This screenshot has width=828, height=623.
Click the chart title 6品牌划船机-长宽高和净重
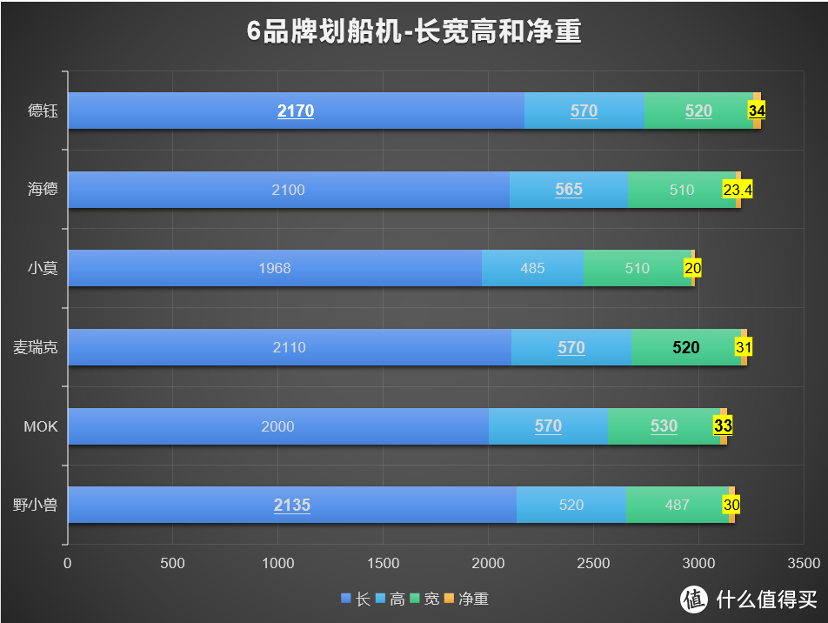[414, 32]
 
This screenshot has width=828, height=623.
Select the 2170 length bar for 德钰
[296, 111]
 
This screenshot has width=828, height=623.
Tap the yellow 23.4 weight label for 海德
[738, 190]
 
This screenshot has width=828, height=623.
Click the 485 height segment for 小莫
[532, 268]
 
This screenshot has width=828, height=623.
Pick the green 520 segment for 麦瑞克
[685, 347]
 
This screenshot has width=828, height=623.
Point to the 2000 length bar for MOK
[277, 426]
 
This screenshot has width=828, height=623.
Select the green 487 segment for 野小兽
[677, 505]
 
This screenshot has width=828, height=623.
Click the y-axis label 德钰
[43, 111]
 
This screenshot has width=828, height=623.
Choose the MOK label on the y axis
[41, 426]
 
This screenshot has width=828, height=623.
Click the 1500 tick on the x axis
[384, 563]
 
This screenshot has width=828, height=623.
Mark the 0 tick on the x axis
[68, 563]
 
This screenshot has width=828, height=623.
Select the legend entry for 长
[356, 599]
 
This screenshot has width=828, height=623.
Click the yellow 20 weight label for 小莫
[692, 268]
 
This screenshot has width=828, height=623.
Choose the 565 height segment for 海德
[569, 190]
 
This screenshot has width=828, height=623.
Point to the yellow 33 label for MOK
[723, 426]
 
